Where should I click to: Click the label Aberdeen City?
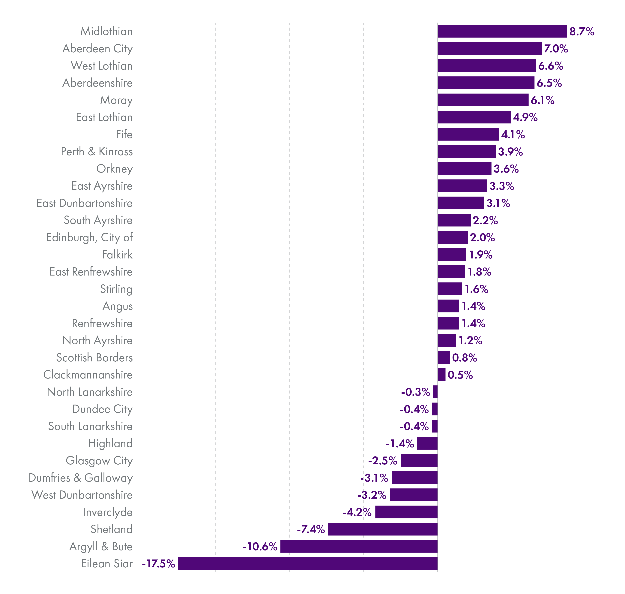point(97,49)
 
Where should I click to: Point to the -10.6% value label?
point(260,547)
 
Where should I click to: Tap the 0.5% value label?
point(460,375)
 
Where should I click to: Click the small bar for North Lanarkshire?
point(435,392)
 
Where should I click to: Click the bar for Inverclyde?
point(406,512)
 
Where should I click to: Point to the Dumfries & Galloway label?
point(80,478)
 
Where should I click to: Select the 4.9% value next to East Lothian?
point(525,117)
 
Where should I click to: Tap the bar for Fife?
point(468,134)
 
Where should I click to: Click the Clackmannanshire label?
point(88,375)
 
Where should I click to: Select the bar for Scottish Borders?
point(444,357)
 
